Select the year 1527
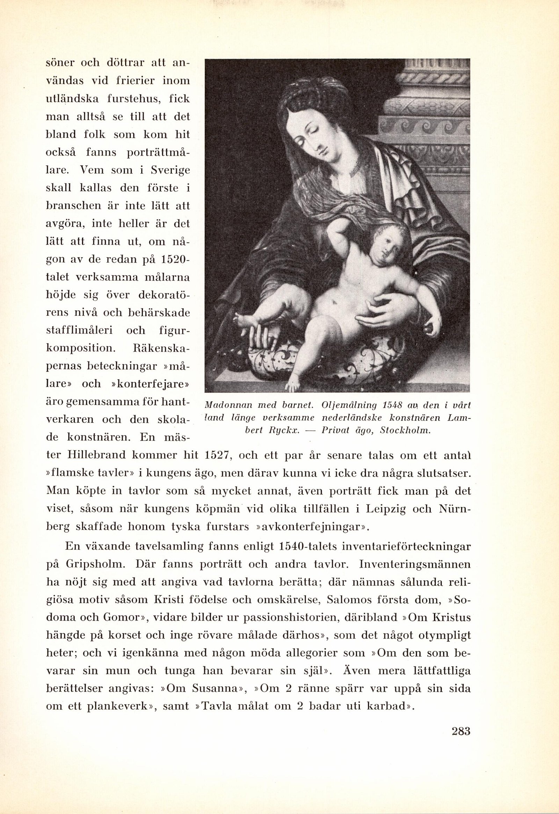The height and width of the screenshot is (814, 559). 216,455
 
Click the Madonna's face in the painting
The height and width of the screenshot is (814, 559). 313,140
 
